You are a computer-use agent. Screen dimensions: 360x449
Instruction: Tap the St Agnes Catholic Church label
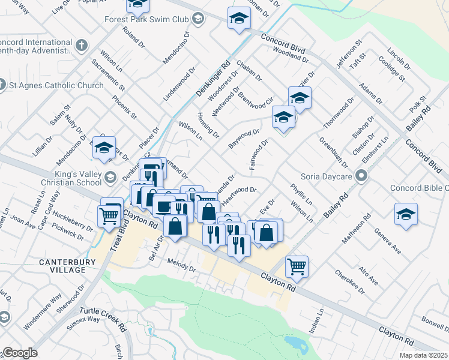(x=56, y=85)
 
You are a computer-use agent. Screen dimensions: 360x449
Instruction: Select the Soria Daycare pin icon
(x=361, y=176)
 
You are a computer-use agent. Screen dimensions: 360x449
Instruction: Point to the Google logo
(x=20, y=353)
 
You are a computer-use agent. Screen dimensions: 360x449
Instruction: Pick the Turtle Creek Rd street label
(x=106, y=320)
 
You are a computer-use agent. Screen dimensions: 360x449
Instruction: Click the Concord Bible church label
(x=419, y=188)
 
